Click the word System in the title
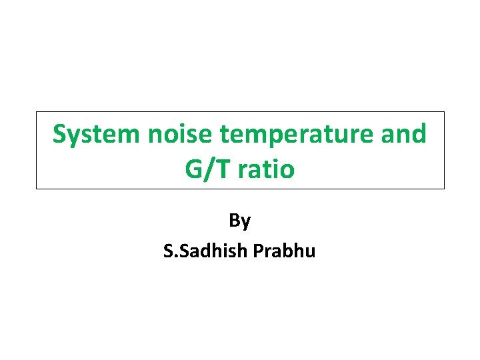coord(97,135)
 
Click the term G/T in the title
coord(206,169)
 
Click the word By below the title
coord(239,221)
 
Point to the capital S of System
coord(61,135)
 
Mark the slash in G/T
coord(208,169)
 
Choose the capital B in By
coord(235,221)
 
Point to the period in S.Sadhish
coord(173,257)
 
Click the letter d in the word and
coord(418,135)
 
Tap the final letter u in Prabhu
coord(310,253)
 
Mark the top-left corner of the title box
coord(37,112)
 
